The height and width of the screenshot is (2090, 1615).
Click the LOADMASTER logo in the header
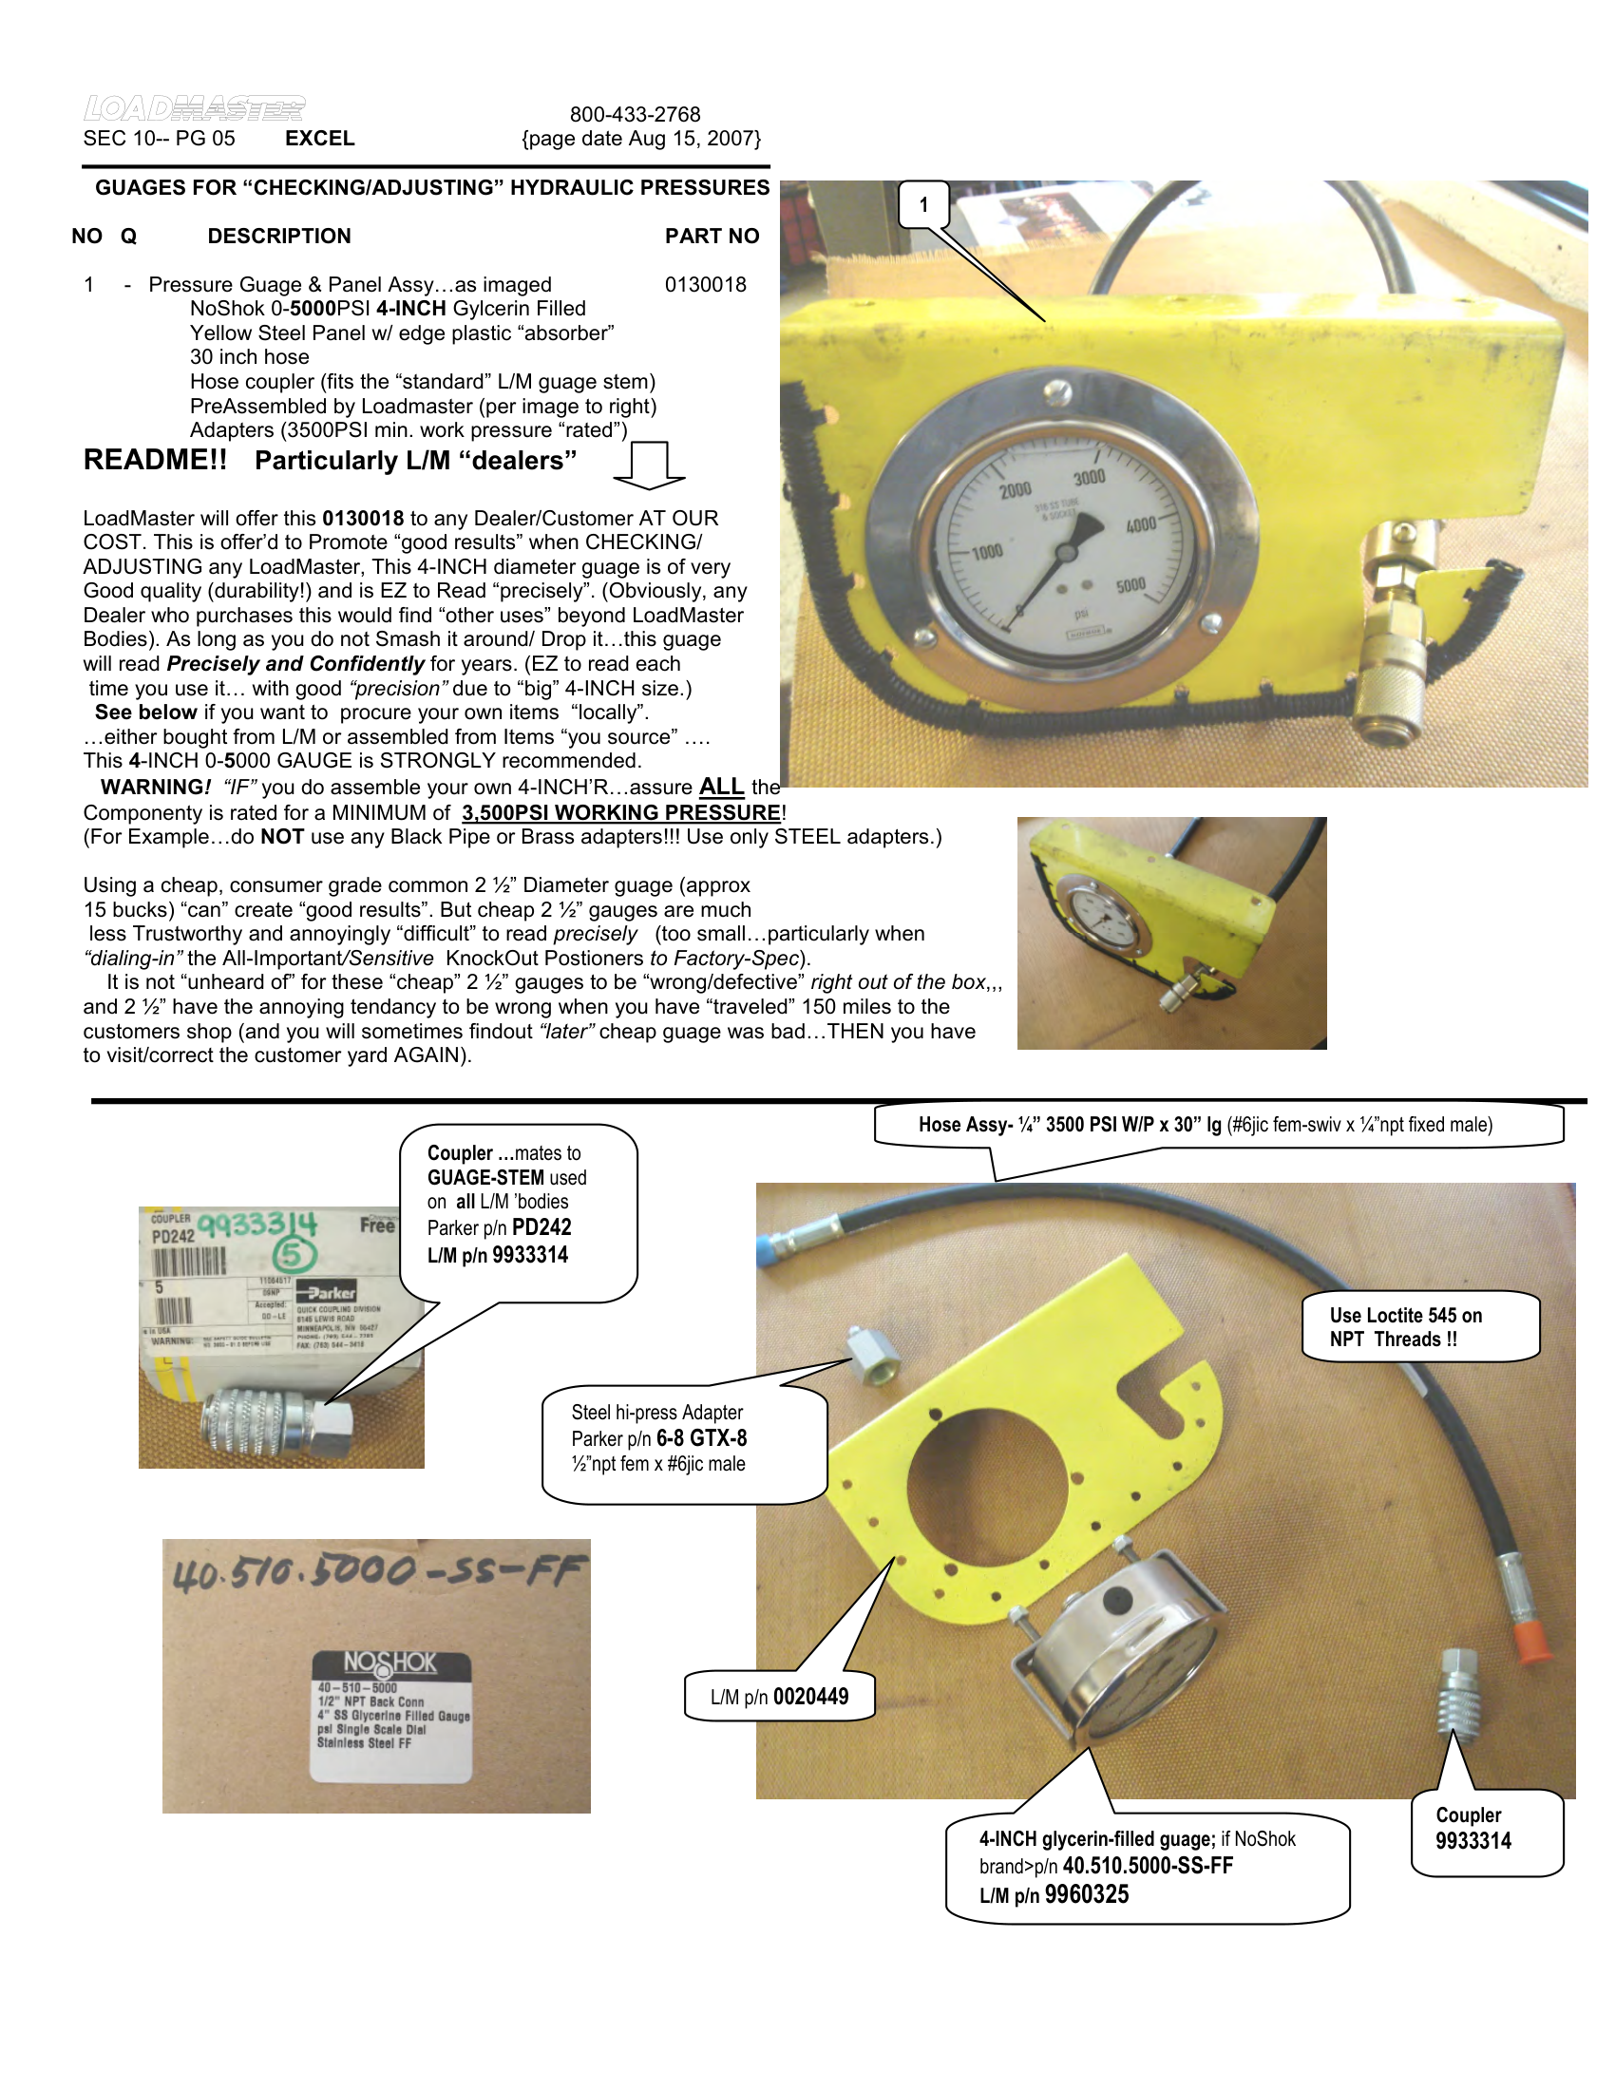[x=194, y=108]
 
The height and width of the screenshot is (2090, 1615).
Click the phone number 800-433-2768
[x=636, y=115]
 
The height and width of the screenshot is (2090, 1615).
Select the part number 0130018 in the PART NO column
[x=705, y=285]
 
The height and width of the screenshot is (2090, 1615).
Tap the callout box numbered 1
[x=923, y=204]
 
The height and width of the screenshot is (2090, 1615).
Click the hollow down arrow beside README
[x=649, y=465]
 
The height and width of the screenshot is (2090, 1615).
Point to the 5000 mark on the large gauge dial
[x=1130, y=584]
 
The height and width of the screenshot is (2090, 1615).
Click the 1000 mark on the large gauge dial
[x=986, y=552]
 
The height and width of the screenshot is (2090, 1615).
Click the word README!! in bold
[x=155, y=461]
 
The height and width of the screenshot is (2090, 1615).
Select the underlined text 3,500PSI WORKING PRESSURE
[x=621, y=813]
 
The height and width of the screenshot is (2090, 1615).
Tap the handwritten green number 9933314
[x=257, y=1225]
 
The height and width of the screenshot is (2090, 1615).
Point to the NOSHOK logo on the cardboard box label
[x=390, y=1662]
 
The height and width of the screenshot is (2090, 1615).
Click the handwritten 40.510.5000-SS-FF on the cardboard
[x=376, y=1572]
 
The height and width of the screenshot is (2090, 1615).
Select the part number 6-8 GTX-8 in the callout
[x=701, y=1438]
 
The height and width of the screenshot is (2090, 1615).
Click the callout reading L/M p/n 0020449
[x=779, y=1697]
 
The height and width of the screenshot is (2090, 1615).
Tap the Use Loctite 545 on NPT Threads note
[x=1405, y=1327]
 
